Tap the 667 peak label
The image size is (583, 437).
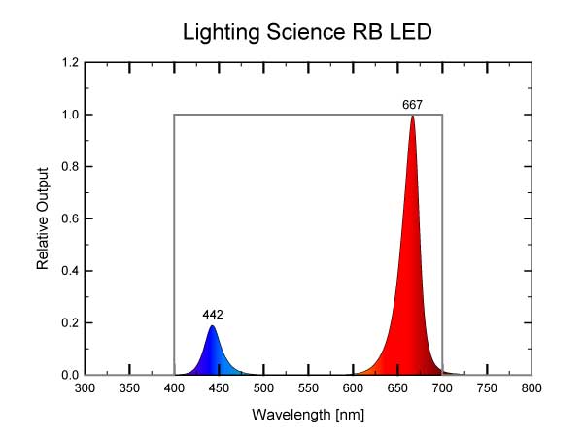[413, 104]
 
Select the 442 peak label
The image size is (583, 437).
[213, 314]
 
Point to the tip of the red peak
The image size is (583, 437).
[413, 116]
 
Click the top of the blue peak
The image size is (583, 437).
[212, 326]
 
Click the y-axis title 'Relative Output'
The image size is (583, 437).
[44, 218]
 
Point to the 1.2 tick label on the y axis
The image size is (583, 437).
[70, 63]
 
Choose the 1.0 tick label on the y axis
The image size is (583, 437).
[70, 116]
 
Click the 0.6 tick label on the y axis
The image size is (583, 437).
[70, 219]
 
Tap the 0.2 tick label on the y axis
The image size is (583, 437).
[70, 323]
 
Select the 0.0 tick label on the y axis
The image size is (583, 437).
[70, 375]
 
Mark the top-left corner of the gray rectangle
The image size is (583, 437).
[175, 115]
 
